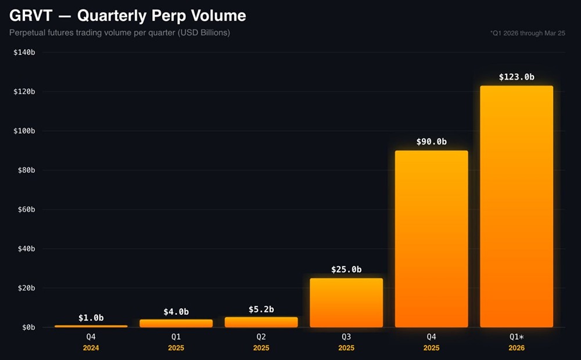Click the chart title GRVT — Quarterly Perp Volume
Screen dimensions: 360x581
[127, 15]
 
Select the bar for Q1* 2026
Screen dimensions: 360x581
[517, 206]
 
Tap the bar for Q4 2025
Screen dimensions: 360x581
[431, 239]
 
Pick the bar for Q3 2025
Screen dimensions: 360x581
[346, 303]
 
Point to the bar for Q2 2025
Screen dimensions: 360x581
[261, 322]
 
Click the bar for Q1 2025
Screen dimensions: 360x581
[176, 323]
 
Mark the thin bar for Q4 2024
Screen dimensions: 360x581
[91, 326]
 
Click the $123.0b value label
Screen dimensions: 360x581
[517, 77]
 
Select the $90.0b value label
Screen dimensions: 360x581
[431, 142]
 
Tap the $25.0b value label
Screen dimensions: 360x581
[346, 269]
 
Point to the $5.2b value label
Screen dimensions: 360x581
[261, 308]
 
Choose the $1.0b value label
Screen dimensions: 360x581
[91, 318]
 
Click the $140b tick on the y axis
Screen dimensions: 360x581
[24, 52]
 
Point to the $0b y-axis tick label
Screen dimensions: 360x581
[28, 327]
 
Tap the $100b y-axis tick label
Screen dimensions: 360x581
[24, 131]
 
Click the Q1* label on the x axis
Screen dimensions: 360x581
[517, 337]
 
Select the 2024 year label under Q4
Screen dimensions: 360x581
[91, 348]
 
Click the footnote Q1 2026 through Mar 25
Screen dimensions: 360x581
[527, 33]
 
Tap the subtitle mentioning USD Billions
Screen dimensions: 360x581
[120, 33]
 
